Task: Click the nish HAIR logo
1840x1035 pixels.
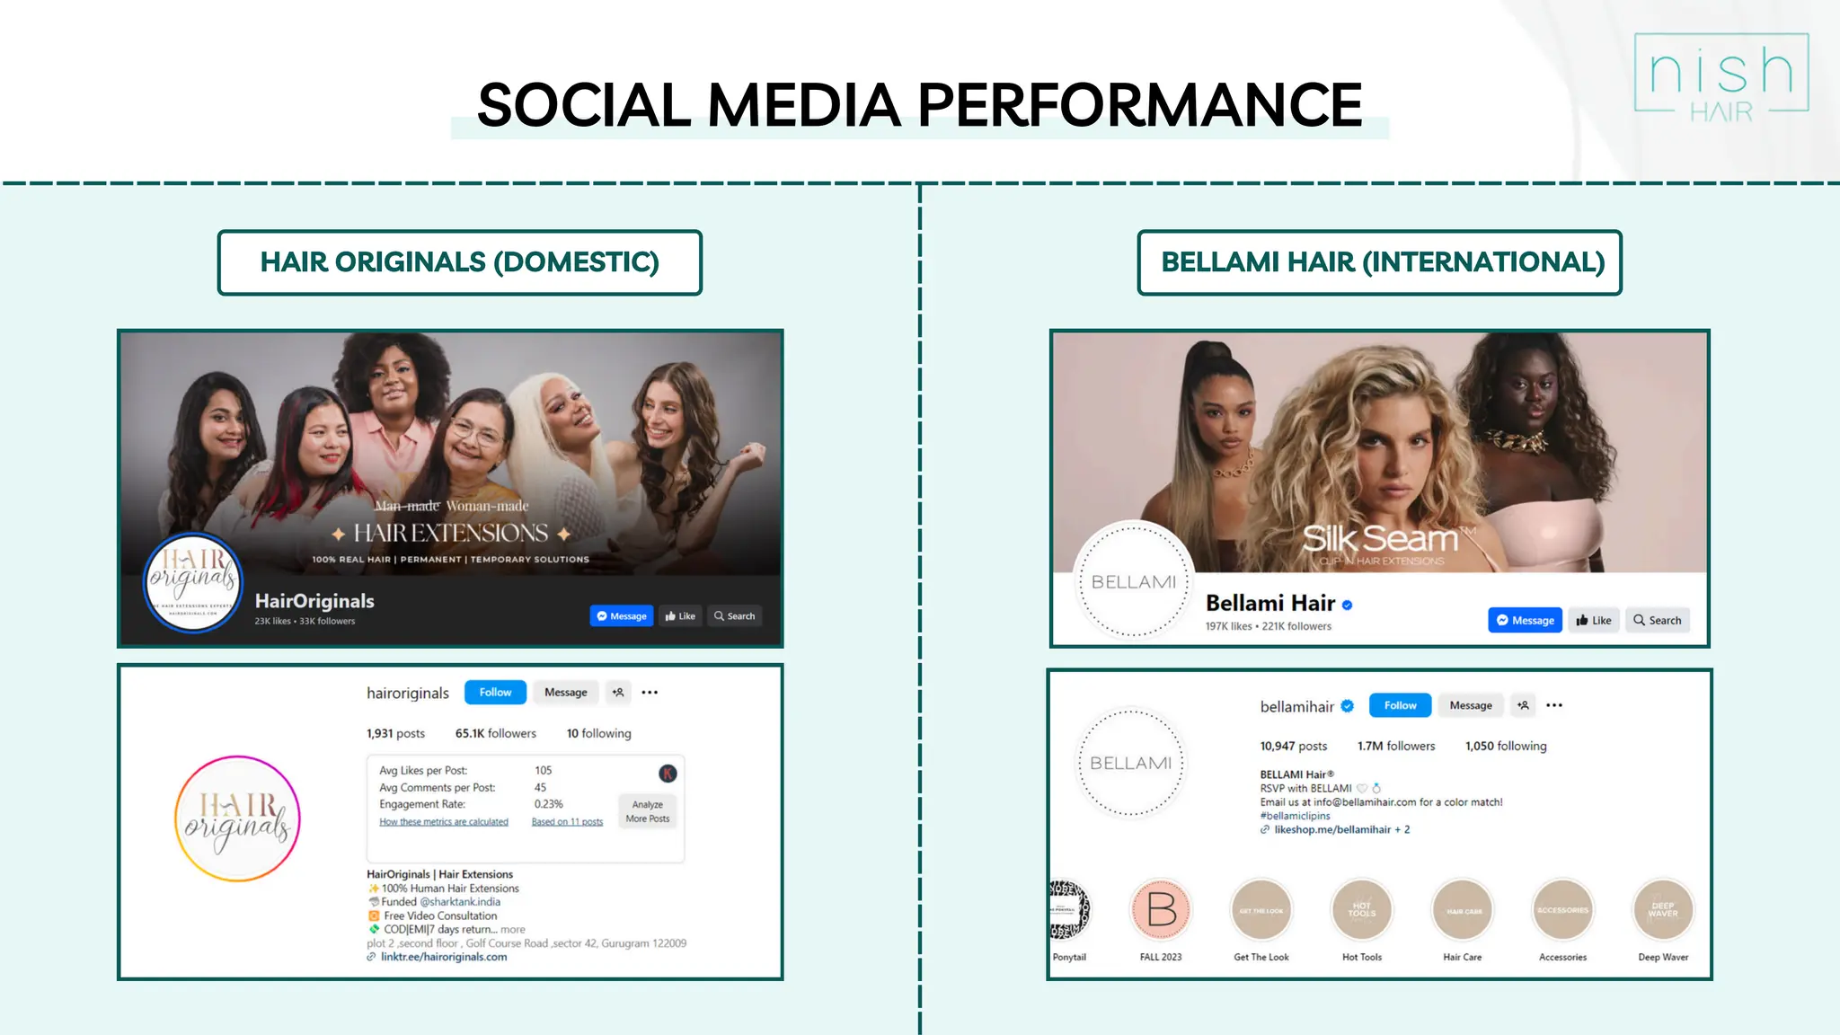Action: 1721,77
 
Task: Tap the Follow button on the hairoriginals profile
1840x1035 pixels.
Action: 495,693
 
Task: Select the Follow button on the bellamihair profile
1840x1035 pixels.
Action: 1400,705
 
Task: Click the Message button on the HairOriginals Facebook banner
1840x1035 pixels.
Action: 622,616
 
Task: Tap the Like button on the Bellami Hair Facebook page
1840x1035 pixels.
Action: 1594,621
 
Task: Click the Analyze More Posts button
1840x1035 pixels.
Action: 647,811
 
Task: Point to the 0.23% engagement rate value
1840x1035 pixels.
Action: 548,804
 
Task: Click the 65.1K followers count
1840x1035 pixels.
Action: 495,733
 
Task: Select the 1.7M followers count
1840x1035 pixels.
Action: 1395,746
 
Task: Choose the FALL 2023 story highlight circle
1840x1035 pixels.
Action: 1161,909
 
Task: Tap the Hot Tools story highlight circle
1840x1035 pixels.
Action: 1362,909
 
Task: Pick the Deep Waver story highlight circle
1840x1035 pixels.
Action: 1663,909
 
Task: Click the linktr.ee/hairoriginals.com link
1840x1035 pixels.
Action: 443,957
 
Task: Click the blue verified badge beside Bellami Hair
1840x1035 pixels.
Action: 1347,605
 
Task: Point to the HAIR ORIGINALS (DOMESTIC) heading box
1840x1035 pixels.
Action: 459,262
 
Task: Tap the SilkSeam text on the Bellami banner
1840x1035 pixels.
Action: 1380,539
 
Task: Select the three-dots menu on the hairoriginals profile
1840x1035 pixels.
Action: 650,693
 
